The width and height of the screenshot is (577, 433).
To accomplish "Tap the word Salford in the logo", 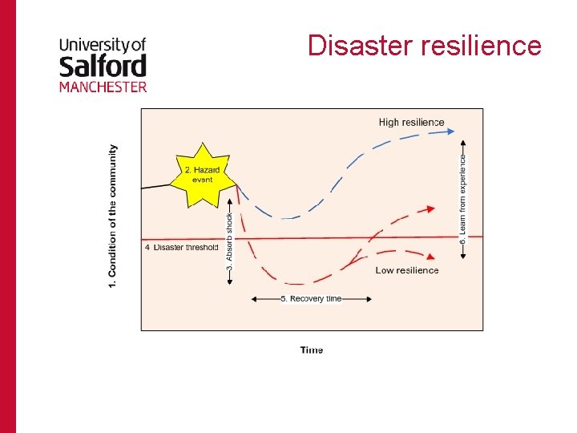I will point(103,65).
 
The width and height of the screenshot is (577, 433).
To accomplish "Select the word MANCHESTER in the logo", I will point(103,86).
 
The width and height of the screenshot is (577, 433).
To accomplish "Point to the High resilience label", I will point(411,123).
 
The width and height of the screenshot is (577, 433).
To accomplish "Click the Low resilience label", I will point(407,270).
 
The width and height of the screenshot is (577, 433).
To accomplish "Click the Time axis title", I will point(312,350).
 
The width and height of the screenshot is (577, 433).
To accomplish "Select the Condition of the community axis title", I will point(112,216).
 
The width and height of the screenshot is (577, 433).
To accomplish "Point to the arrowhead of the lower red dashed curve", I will point(433,257).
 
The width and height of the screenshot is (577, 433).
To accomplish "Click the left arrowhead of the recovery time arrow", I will point(254,299).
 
